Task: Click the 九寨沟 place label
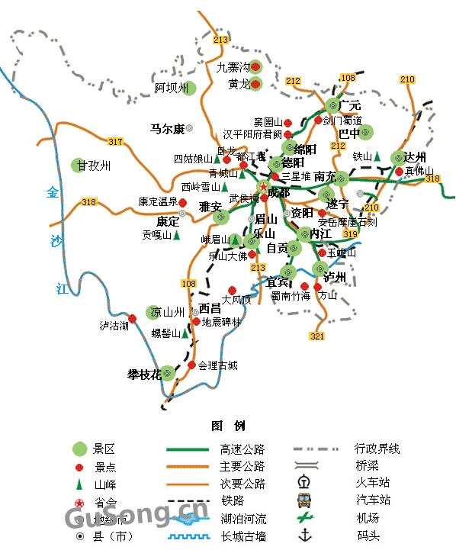(233, 66)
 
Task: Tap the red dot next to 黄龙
(256, 84)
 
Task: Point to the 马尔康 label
(167, 129)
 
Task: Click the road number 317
(115, 142)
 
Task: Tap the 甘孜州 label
(95, 166)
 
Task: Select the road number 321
(318, 336)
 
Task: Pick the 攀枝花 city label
(145, 375)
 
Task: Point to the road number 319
(350, 234)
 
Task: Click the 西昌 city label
(210, 308)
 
